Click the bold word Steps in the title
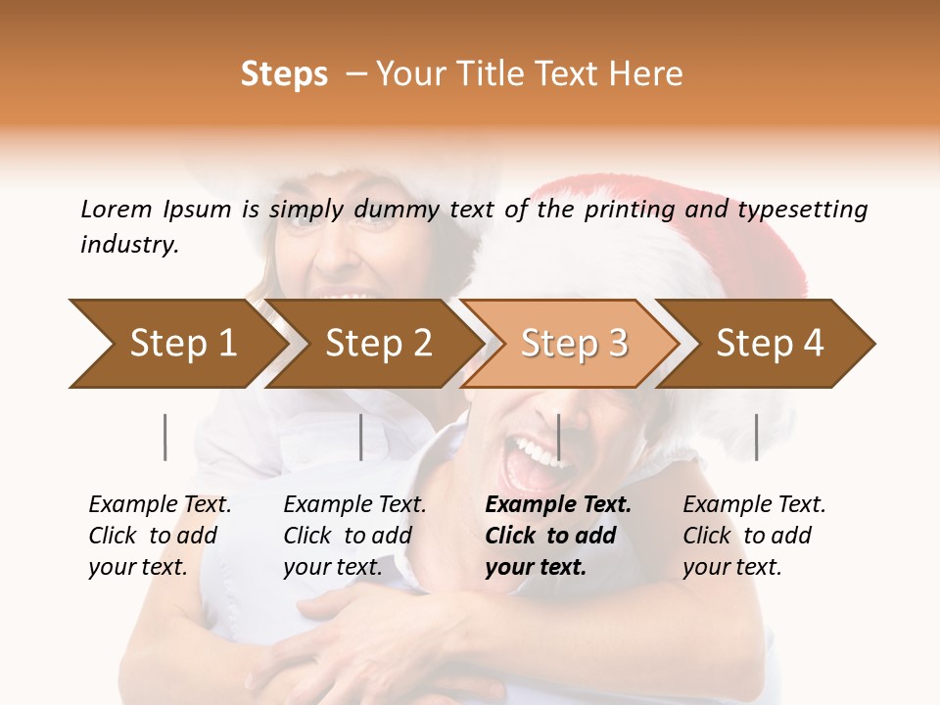coord(284,75)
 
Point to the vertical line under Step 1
coord(164,437)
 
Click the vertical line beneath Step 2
coord(361,437)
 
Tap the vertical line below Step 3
coord(558,437)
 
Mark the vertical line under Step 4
coord(756,437)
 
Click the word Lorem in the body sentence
coord(116,210)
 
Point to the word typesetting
coord(802,210)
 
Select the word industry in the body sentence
coord(128,245)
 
